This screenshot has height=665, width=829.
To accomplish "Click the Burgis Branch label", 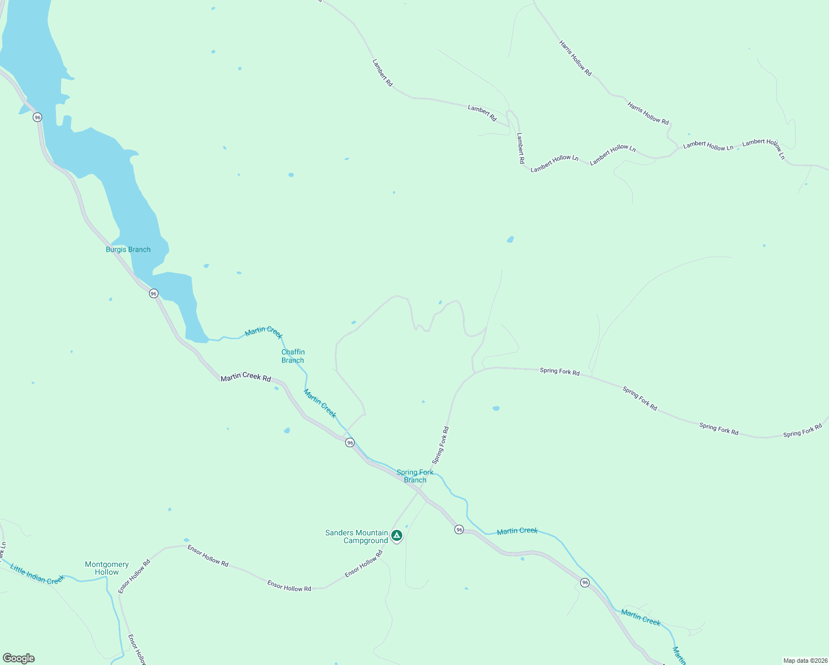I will coord(128,249).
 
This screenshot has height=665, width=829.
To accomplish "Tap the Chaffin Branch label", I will coord(293,356).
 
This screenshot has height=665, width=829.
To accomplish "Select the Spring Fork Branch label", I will coord(415,476).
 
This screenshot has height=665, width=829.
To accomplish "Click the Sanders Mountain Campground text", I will coord(356,536).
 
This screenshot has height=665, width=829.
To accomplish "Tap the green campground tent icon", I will coord(396,535).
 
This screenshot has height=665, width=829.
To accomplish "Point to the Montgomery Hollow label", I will coord(106,568).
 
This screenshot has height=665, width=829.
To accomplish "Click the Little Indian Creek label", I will coord(37,574).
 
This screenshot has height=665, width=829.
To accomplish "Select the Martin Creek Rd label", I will coord(245,377).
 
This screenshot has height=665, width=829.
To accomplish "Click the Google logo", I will coord(18,658).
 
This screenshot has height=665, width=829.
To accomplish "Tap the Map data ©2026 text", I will coord(805,661).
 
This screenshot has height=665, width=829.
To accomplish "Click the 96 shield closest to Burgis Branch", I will coord(153,293).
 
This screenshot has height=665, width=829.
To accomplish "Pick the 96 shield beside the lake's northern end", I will coord(37,117).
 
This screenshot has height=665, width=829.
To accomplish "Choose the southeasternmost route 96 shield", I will coord(585,582).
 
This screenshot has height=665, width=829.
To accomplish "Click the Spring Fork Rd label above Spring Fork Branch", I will coord(441,445).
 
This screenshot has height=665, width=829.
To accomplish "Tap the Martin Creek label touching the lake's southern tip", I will coord(264,332).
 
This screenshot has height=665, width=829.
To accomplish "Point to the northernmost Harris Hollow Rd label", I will coord(575,58).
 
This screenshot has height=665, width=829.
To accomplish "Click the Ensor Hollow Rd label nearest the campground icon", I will coord(364,564).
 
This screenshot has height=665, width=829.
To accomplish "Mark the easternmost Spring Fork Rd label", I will coord(802,431).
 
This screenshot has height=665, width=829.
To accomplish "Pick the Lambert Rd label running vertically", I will coord(520,148).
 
